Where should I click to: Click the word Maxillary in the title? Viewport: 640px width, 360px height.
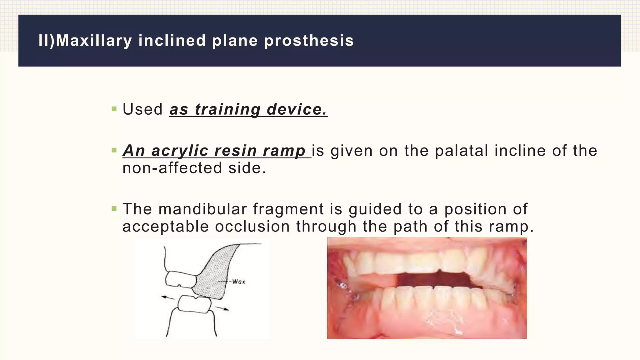(94, 41)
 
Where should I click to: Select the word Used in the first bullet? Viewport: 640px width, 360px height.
(142, 109)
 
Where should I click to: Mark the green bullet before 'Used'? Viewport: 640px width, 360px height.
(114, 109)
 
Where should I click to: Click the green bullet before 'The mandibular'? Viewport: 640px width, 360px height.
(114, 209)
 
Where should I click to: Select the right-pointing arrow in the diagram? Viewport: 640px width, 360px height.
(222, 308)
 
